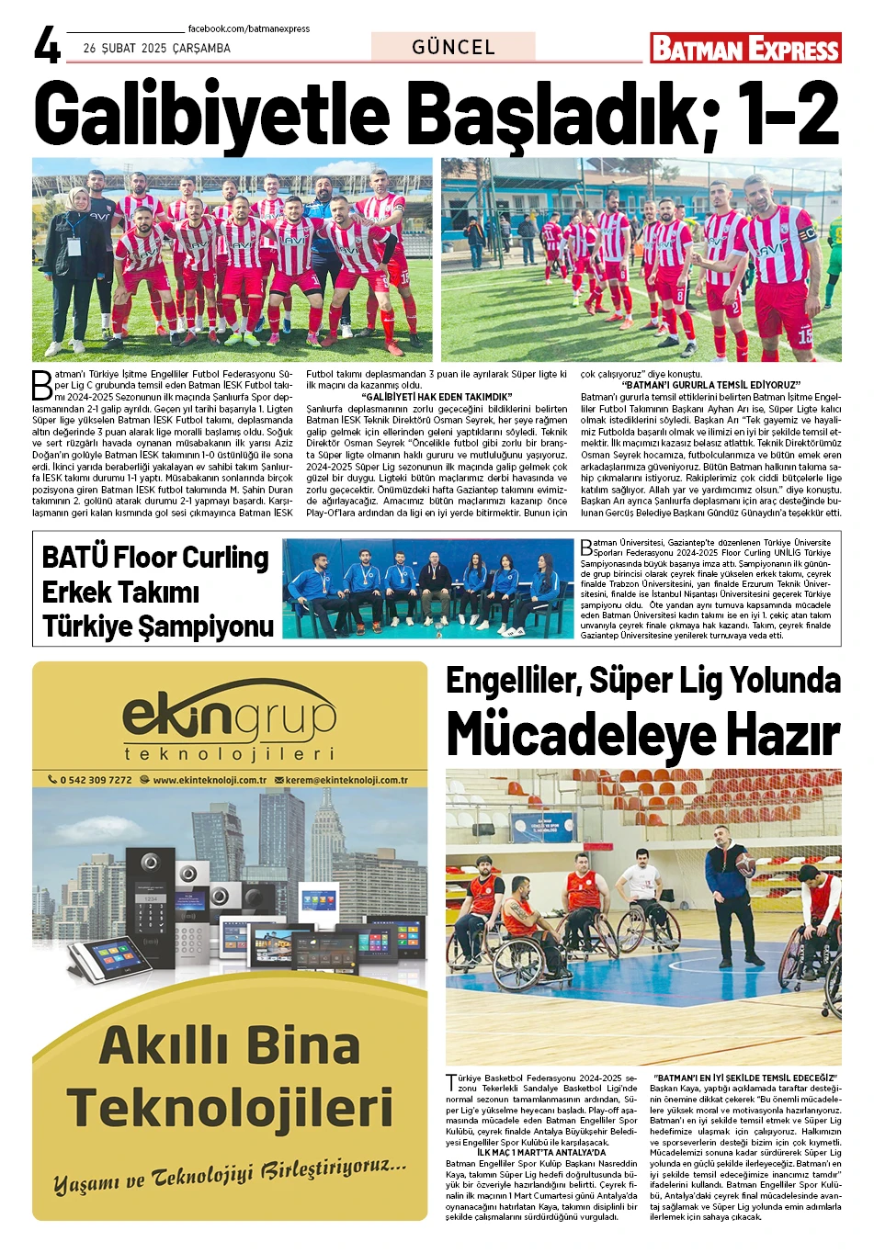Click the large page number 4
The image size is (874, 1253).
(x=47, y=45)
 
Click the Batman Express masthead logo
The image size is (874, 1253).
(x=745, y=48)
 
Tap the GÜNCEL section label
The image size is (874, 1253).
(x=453, y=47)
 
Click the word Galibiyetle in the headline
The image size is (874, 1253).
(x=212, y=115)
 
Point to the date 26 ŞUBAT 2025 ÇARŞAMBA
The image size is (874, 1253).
(x=156, y=49)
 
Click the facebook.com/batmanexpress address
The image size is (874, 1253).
(x=248, y=29)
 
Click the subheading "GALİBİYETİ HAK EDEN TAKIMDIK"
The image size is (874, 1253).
(x=437, y=397)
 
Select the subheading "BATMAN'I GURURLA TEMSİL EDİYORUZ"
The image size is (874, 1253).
(x=711, y=385)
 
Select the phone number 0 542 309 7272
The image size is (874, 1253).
(x=96, y=780)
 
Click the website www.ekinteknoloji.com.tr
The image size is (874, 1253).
(x=210, y=780)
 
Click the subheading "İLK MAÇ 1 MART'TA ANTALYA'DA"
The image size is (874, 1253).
(x=541, y=1153)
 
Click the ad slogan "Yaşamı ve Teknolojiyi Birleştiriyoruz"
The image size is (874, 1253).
(x=230, y=1176)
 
